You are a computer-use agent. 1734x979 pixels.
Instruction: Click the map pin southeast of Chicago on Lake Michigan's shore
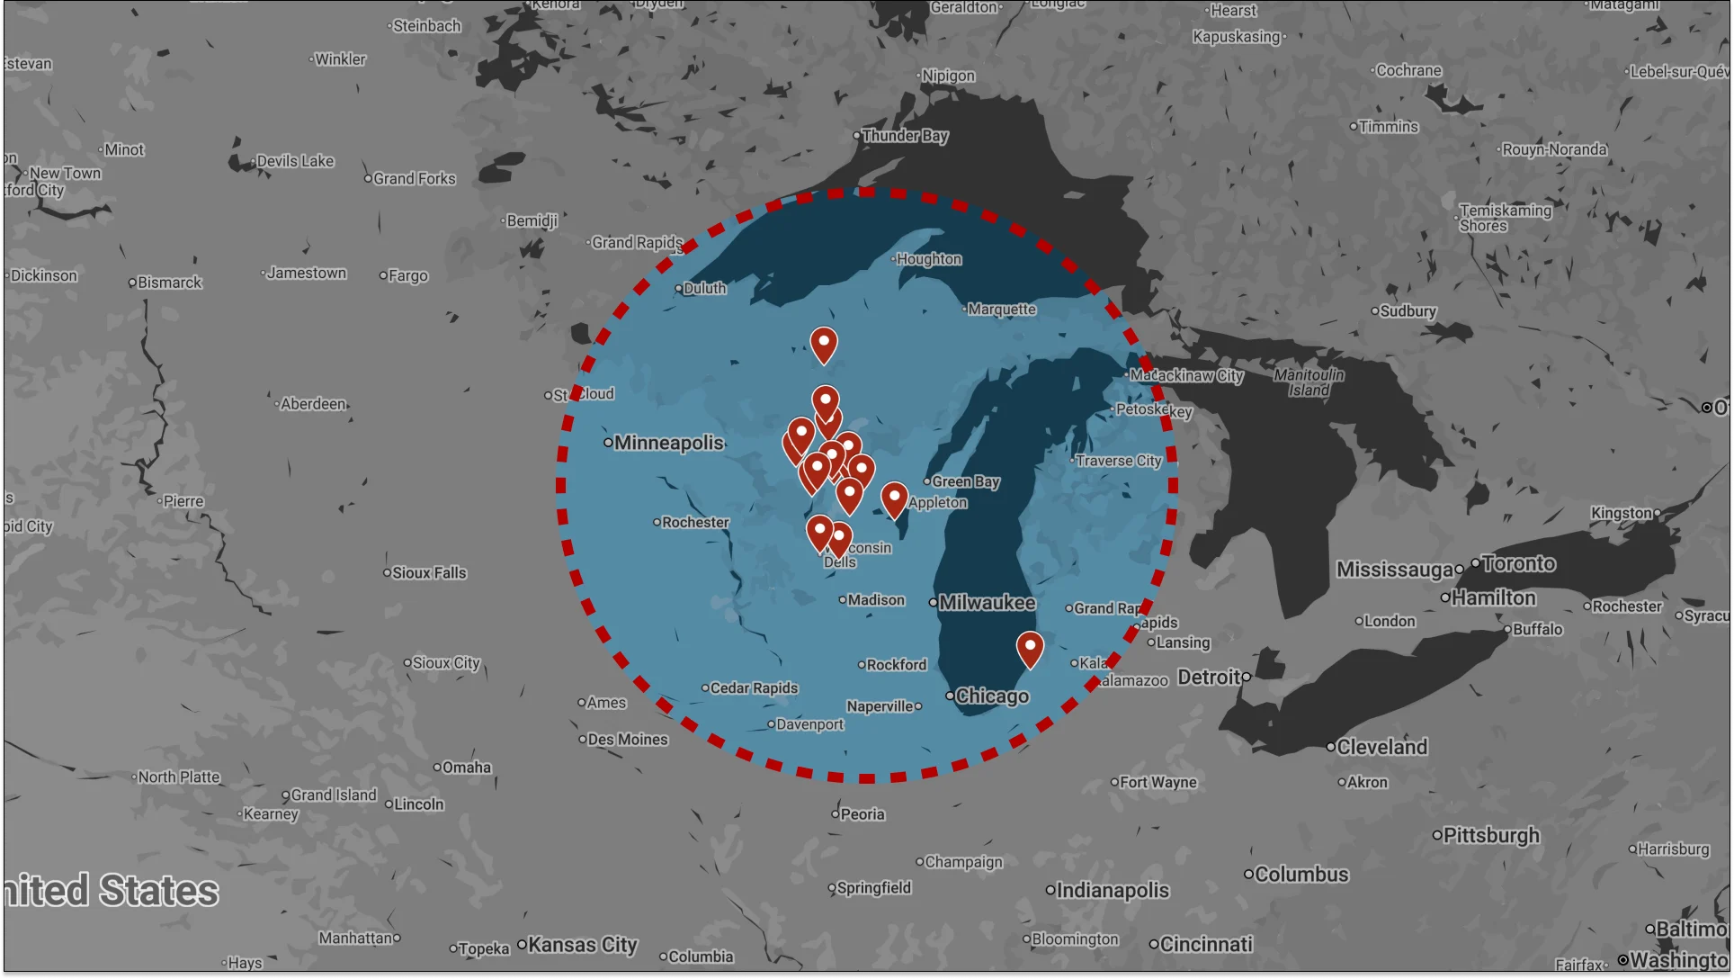point(1030,647)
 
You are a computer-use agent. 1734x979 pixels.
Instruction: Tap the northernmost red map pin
point(823,343)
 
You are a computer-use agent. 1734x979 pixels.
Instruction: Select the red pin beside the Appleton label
point(894,498)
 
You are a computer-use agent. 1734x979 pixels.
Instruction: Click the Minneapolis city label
point(668,443)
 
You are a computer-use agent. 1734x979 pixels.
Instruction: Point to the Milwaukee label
point(987,603)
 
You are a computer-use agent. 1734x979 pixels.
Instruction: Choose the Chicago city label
point(992,696)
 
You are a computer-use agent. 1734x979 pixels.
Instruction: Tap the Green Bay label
point(965,482)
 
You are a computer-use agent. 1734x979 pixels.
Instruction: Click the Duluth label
point(704,289)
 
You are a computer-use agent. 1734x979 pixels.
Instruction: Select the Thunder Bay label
point(905,136)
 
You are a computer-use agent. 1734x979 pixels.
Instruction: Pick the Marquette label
point(1002,310)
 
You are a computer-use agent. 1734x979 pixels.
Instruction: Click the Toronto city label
point(1518,564)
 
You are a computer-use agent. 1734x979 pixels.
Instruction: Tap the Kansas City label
point(582,945)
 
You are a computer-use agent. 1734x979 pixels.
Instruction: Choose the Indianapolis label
point(1113,891)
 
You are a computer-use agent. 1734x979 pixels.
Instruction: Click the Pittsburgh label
point(1491,836)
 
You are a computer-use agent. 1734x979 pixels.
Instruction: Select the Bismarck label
point(169,283)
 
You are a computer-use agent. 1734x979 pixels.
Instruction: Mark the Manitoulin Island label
point(1309,382)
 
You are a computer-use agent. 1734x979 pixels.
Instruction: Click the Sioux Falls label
point(429,573)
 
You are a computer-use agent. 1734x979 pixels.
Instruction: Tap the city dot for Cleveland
point(1331,747)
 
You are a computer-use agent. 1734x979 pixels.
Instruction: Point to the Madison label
point(876,600)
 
